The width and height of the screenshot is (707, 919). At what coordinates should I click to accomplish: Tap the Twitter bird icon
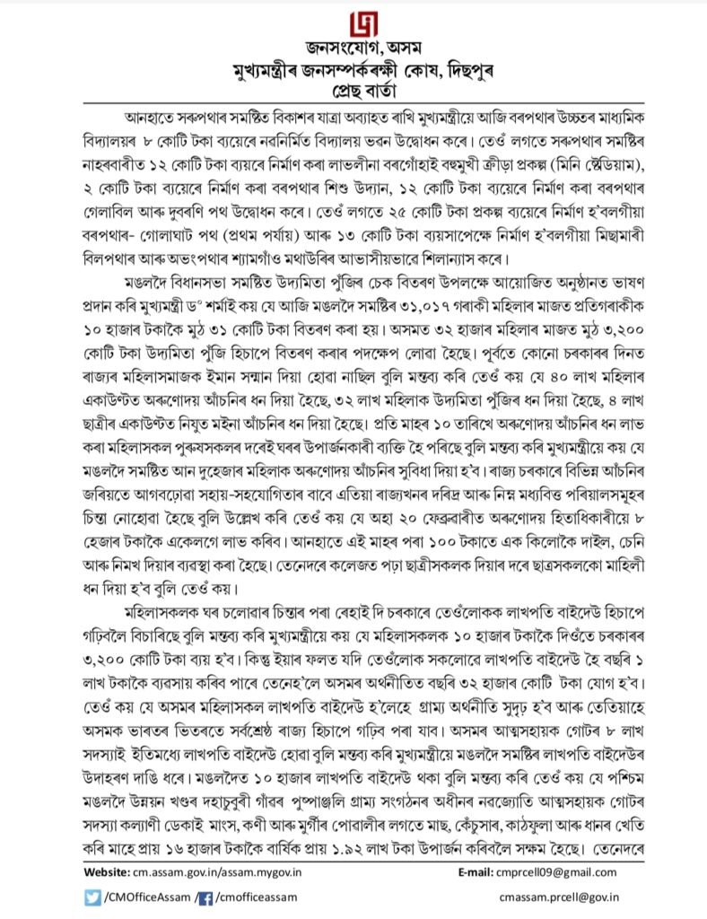tap(94, 896)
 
